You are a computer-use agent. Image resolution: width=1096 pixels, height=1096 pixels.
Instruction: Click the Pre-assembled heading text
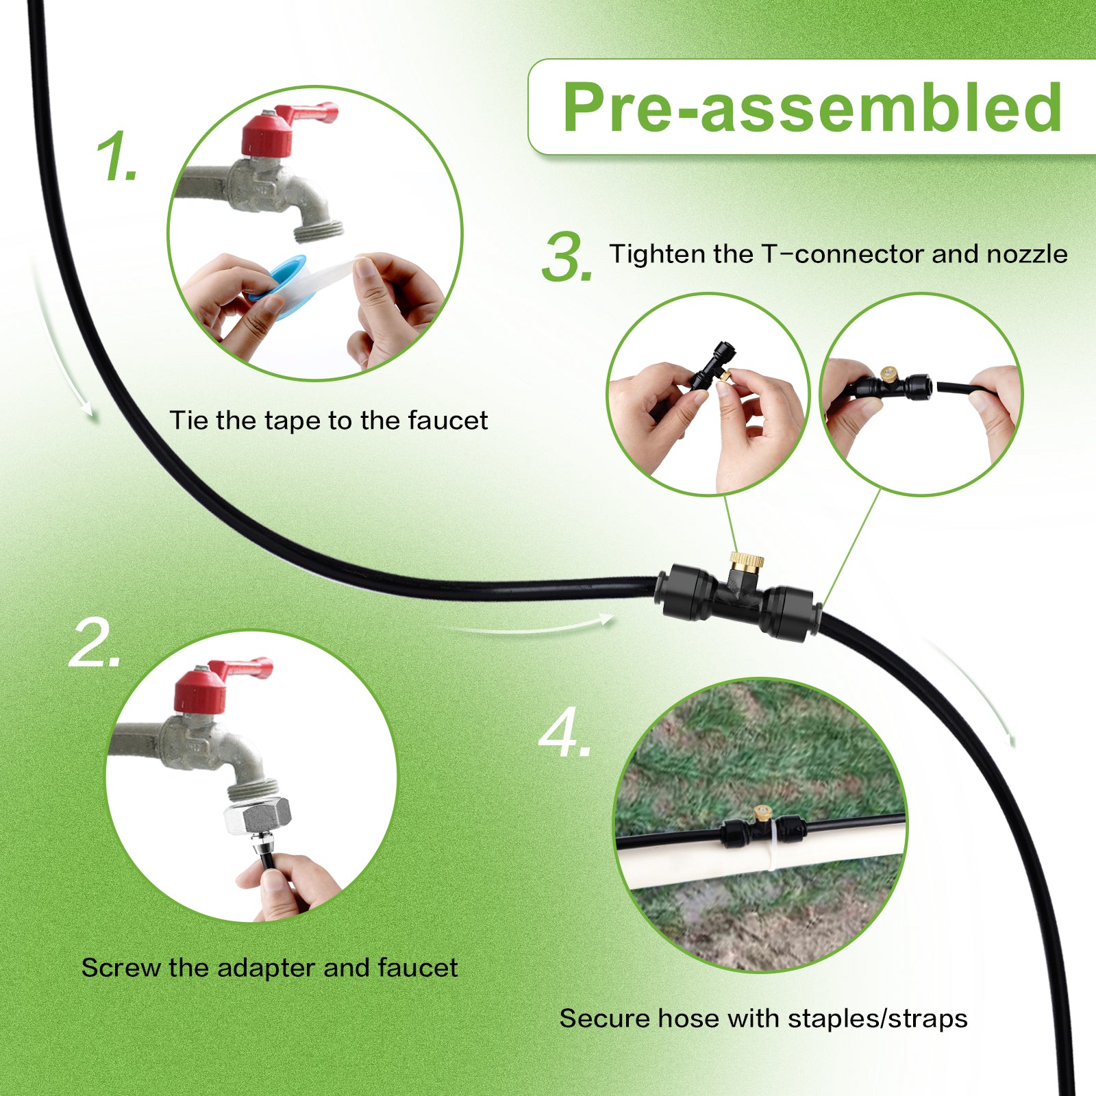tap(812, 107)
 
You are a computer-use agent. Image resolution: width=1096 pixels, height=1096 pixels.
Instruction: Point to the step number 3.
tap(567, 257)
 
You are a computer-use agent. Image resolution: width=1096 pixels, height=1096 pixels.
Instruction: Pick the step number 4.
tap(565, 734)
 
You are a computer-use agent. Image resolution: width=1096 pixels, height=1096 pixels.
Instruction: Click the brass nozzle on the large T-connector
tap(746, 562)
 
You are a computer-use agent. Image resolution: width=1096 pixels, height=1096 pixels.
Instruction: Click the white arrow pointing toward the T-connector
tap(527, 625)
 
